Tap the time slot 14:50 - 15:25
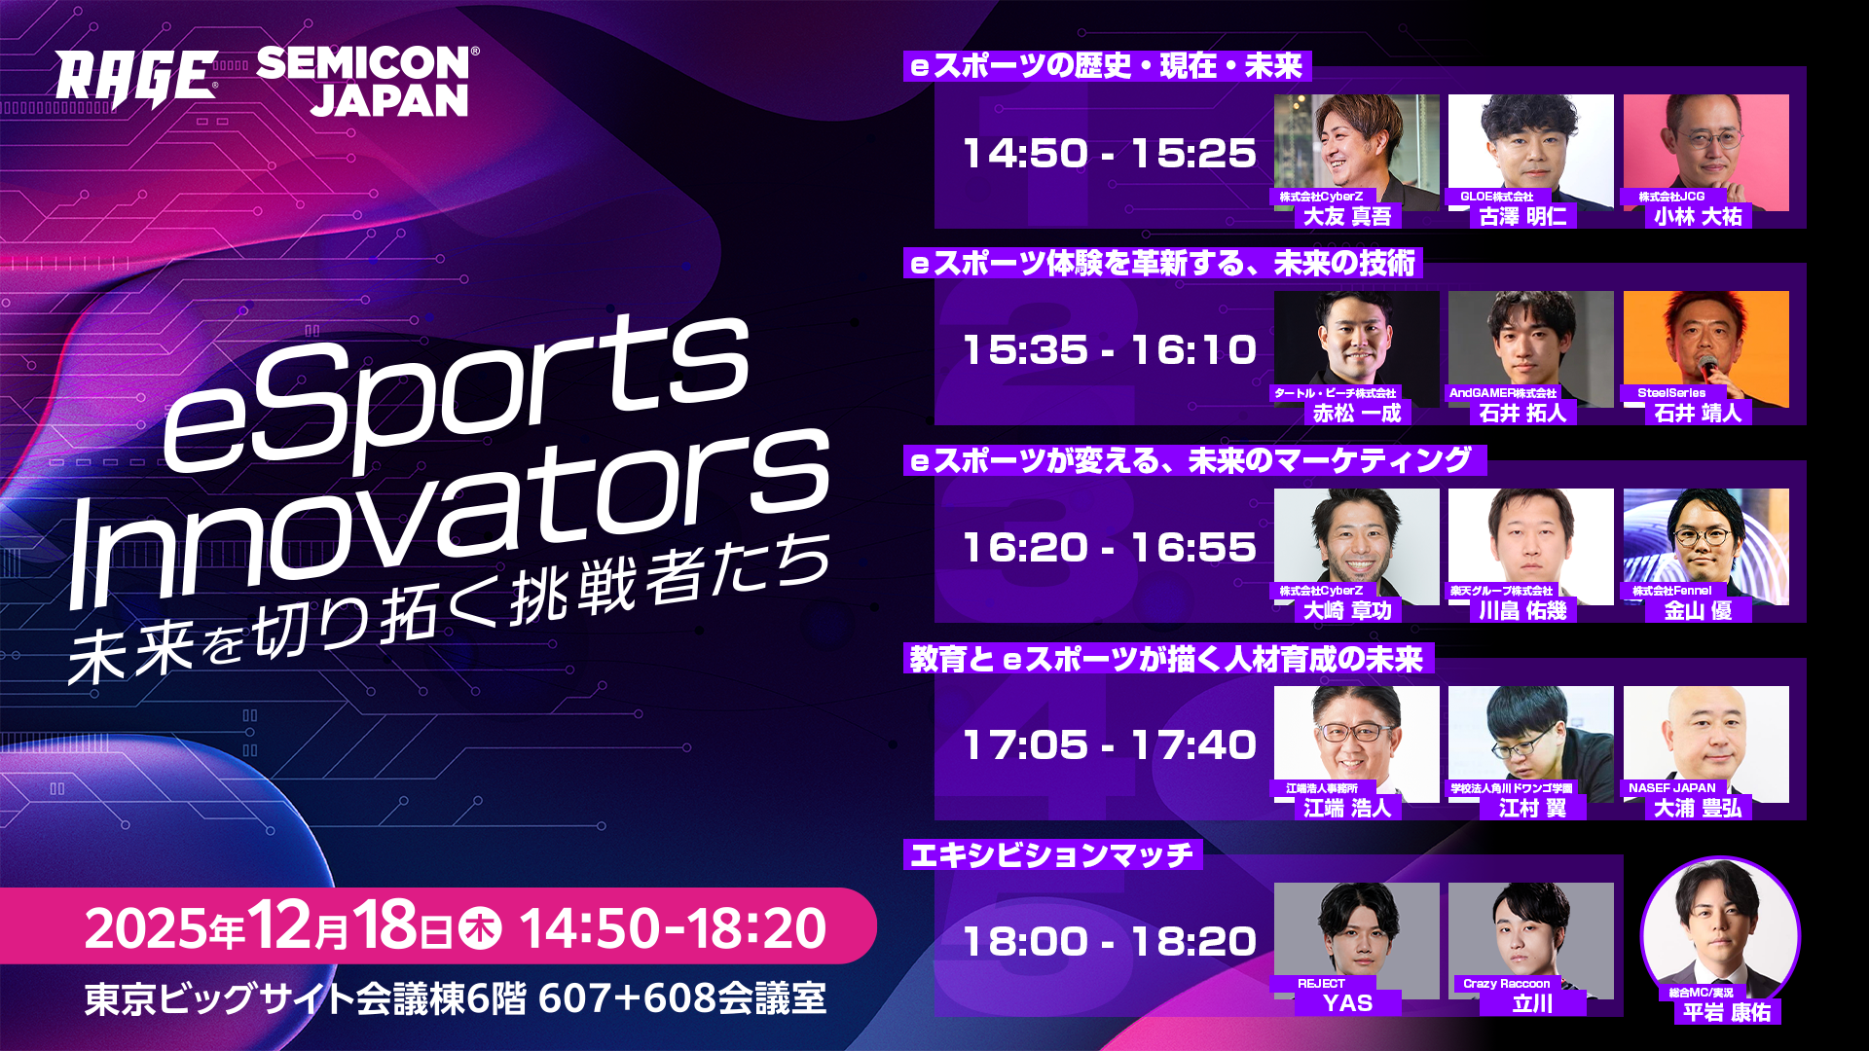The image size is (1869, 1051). pyautogui.click(x=1109, y=154)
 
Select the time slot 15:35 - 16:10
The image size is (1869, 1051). pyautogui.click(x=1109, y=350)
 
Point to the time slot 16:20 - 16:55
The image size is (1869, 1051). pyautogui.click(x=1109, y=548)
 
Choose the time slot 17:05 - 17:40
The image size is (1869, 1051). pyautogui.click(x=1109, y=745)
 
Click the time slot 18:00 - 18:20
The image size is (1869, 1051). pyautogui.click(x=1109, y=942)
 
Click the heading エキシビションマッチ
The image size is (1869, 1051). pyautogui.click(x=1051, y=855)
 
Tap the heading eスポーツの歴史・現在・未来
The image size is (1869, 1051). pyautogui.click(x=1107, y=66)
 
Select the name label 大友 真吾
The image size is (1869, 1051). pyautogui.click(x=1347, y=217)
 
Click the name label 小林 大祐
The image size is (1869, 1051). pyautogui.click(x=1698, y=217)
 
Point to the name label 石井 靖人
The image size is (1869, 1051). pyautogui.click(x=1698, y=414)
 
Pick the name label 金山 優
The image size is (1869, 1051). pyautogui.click(x=1698, y=611)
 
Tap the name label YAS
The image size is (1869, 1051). pyautogui.click(x=1347, y=1003)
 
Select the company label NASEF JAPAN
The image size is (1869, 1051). pyautogui.click(x=1671, y=788)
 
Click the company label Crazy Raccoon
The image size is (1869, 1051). pyautogui.click(x=1506, y=984)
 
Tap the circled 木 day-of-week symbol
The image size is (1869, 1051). pyautogui.click(x=480, y=928)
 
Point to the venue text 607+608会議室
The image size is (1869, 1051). pyautogui.click(x=681, y=999)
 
